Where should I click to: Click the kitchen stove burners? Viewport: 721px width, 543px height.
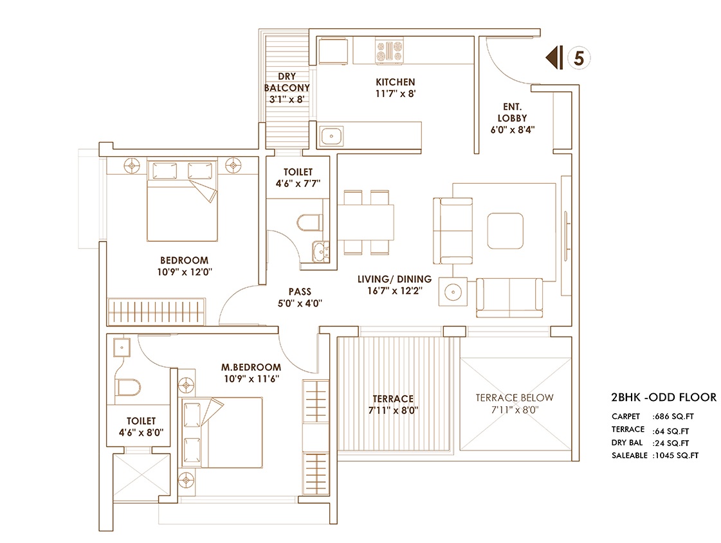click(x=390, y=51)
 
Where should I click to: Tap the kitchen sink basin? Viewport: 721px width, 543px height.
click(x=331, y=136)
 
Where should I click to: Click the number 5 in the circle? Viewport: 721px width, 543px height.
click(x=579, y=58)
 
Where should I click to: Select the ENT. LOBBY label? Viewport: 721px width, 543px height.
click(x=512, y=112)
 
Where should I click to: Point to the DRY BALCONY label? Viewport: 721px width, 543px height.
click(x=287, y=82)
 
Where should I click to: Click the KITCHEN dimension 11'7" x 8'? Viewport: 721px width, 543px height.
click(x=396, y=93)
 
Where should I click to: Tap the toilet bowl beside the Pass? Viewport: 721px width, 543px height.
click(x=309, y=223)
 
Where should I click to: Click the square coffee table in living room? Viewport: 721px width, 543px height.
click(x=506, y=231)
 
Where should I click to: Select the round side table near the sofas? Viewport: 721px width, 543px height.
click(x=453, y=292)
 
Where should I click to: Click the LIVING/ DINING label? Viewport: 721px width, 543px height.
click(x=394, y=279)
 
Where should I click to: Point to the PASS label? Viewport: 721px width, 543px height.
click(x=300, y=292)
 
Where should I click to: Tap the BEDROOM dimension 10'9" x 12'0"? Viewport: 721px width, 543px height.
click(x=185, y=271)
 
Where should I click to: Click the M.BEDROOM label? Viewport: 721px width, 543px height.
click(x=251, y=367)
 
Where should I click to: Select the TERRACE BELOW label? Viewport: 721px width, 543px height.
click(x=515, y=397)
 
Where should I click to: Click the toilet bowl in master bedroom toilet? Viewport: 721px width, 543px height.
click(x=128, y=387)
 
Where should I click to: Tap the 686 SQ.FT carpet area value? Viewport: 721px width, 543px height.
click(x=673, y=416)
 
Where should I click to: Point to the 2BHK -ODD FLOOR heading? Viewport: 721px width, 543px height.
click(x=664, y=397)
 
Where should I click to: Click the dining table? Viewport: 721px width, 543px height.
click(x=366, y=222)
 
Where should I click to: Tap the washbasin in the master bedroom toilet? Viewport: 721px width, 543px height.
click(x=122, y=347)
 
